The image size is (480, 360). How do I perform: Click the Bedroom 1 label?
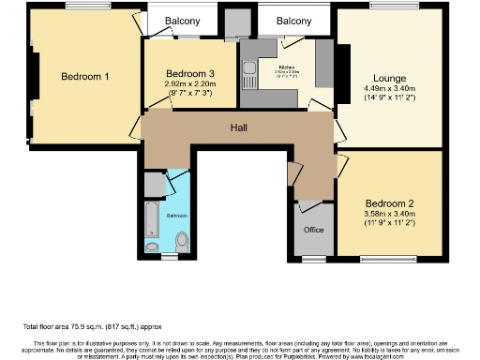click(86, 77)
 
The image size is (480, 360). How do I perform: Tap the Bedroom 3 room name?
click(190, 74)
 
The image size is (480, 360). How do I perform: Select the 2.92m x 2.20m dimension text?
click(190, 84)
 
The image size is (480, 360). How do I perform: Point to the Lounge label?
click(390, 78)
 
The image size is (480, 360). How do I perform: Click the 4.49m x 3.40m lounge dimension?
click(390, 89)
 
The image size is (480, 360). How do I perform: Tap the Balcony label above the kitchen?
click(294, 20)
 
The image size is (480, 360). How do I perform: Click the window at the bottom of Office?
click(313, 256)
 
